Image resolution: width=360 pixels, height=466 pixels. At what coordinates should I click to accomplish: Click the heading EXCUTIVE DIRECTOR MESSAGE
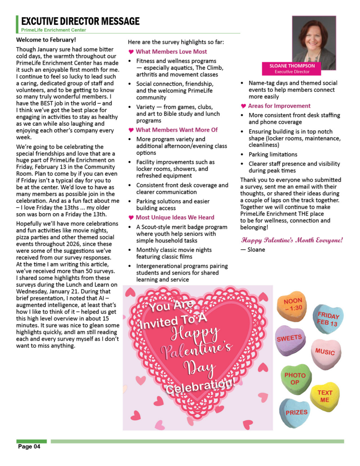point(81,21)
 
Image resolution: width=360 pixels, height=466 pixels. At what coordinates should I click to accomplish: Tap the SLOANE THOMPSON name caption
point(292,66)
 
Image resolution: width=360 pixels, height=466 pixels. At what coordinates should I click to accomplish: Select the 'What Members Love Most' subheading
point(171,52)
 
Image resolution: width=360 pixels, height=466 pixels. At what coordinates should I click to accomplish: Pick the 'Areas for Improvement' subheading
point(279,106)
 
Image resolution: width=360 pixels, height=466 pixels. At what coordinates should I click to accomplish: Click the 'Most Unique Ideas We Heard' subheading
point(175,217)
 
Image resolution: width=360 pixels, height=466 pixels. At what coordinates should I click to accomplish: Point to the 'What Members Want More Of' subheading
point(177,130)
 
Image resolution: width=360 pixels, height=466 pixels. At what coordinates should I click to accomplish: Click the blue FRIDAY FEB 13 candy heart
point(328,319)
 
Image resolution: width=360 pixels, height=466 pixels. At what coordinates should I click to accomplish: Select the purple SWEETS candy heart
point(289,339)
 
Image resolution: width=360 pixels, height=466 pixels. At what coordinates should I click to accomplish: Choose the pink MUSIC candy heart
point(325,352)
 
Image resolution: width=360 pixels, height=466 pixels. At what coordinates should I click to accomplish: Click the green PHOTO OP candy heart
point(295,379)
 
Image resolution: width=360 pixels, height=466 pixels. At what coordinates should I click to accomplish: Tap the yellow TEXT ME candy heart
point(324,396)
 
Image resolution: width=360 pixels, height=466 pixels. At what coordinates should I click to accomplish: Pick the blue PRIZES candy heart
point(296,412)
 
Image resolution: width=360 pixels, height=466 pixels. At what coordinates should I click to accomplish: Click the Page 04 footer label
point(29,447)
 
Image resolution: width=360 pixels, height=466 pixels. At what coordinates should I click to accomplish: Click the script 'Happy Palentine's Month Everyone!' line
point(292,240)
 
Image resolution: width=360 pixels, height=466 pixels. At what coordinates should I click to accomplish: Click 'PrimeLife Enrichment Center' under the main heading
point(53,30)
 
